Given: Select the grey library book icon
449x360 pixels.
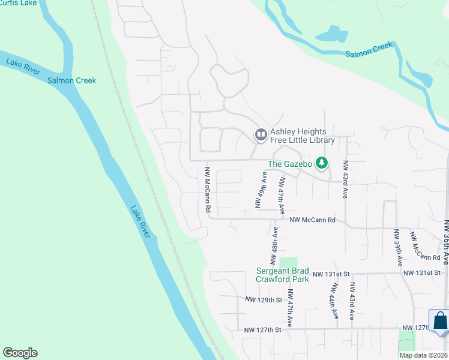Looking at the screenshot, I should point(261,134).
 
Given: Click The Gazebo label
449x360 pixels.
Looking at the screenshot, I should point(289,164).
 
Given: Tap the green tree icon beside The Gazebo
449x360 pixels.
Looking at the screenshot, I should point(322,162).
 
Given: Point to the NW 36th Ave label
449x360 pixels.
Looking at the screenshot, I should point(446,242).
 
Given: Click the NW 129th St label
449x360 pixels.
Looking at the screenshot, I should point(264,299).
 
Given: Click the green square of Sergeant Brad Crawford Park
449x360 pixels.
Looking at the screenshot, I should point(288,263).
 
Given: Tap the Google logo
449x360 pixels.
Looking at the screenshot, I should point(20,353).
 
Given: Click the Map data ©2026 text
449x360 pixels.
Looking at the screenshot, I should point(423,355).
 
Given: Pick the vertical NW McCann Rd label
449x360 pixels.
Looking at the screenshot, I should point(208,190).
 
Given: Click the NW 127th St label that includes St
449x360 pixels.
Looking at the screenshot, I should point(263,329).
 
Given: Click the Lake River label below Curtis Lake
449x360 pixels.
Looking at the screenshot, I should point(23,66).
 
